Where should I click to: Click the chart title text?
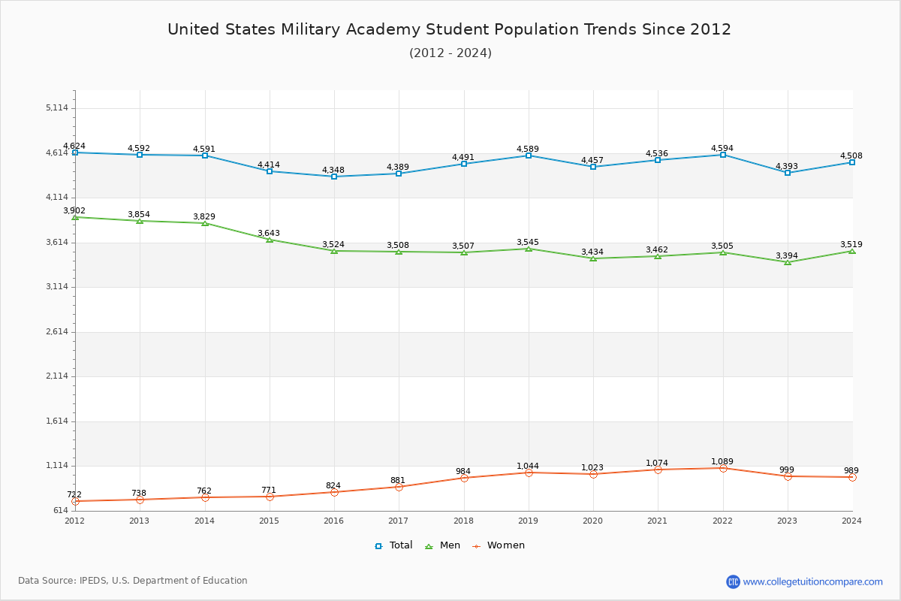449,29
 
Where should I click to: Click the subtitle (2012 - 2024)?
450,53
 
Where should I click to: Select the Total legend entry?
394,545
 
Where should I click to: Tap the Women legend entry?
499,545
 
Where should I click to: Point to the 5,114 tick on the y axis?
57,108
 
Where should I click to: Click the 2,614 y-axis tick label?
57,332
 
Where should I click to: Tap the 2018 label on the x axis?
463,521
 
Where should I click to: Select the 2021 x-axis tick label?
658,521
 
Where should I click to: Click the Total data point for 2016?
334,177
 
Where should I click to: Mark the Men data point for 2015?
270,240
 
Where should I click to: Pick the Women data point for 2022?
723,468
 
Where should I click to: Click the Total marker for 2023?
788,173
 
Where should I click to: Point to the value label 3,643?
269,234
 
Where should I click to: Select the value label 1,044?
528,467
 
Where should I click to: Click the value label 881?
398,481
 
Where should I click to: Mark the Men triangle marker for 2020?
593,258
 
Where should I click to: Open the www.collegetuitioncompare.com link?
812,581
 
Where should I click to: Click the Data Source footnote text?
133,581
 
